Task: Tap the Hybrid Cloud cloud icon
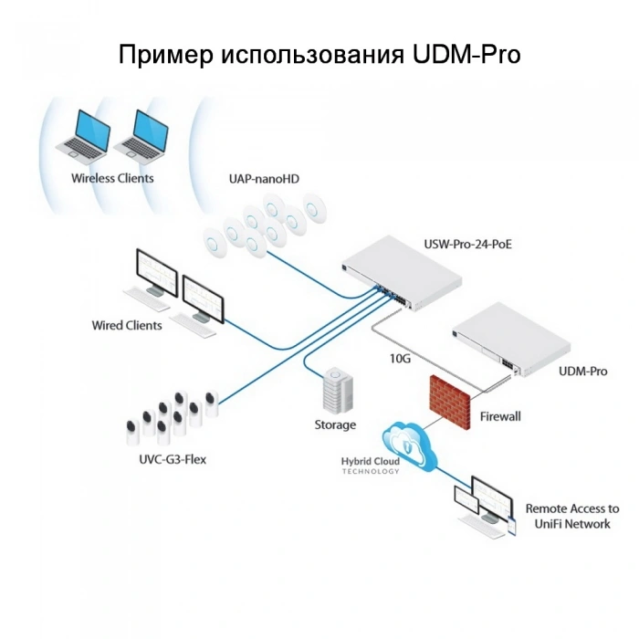click(410, 445)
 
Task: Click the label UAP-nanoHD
click(264, 179)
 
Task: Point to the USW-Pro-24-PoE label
click(467, 244)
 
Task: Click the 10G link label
click(400, 359)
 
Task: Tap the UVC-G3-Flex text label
click(173, 459)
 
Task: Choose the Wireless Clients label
click(112, 178)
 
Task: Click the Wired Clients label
click(127, 325)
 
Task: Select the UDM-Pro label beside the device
click(582, 372)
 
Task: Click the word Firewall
click(500, 416)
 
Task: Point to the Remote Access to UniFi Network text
click(572, 516)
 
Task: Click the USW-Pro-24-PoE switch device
click(402, 274)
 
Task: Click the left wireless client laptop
click(84, 133)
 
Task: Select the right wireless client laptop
click(141, 133)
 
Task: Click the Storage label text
click(335, 424)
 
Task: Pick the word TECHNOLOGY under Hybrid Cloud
click(371, 472)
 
